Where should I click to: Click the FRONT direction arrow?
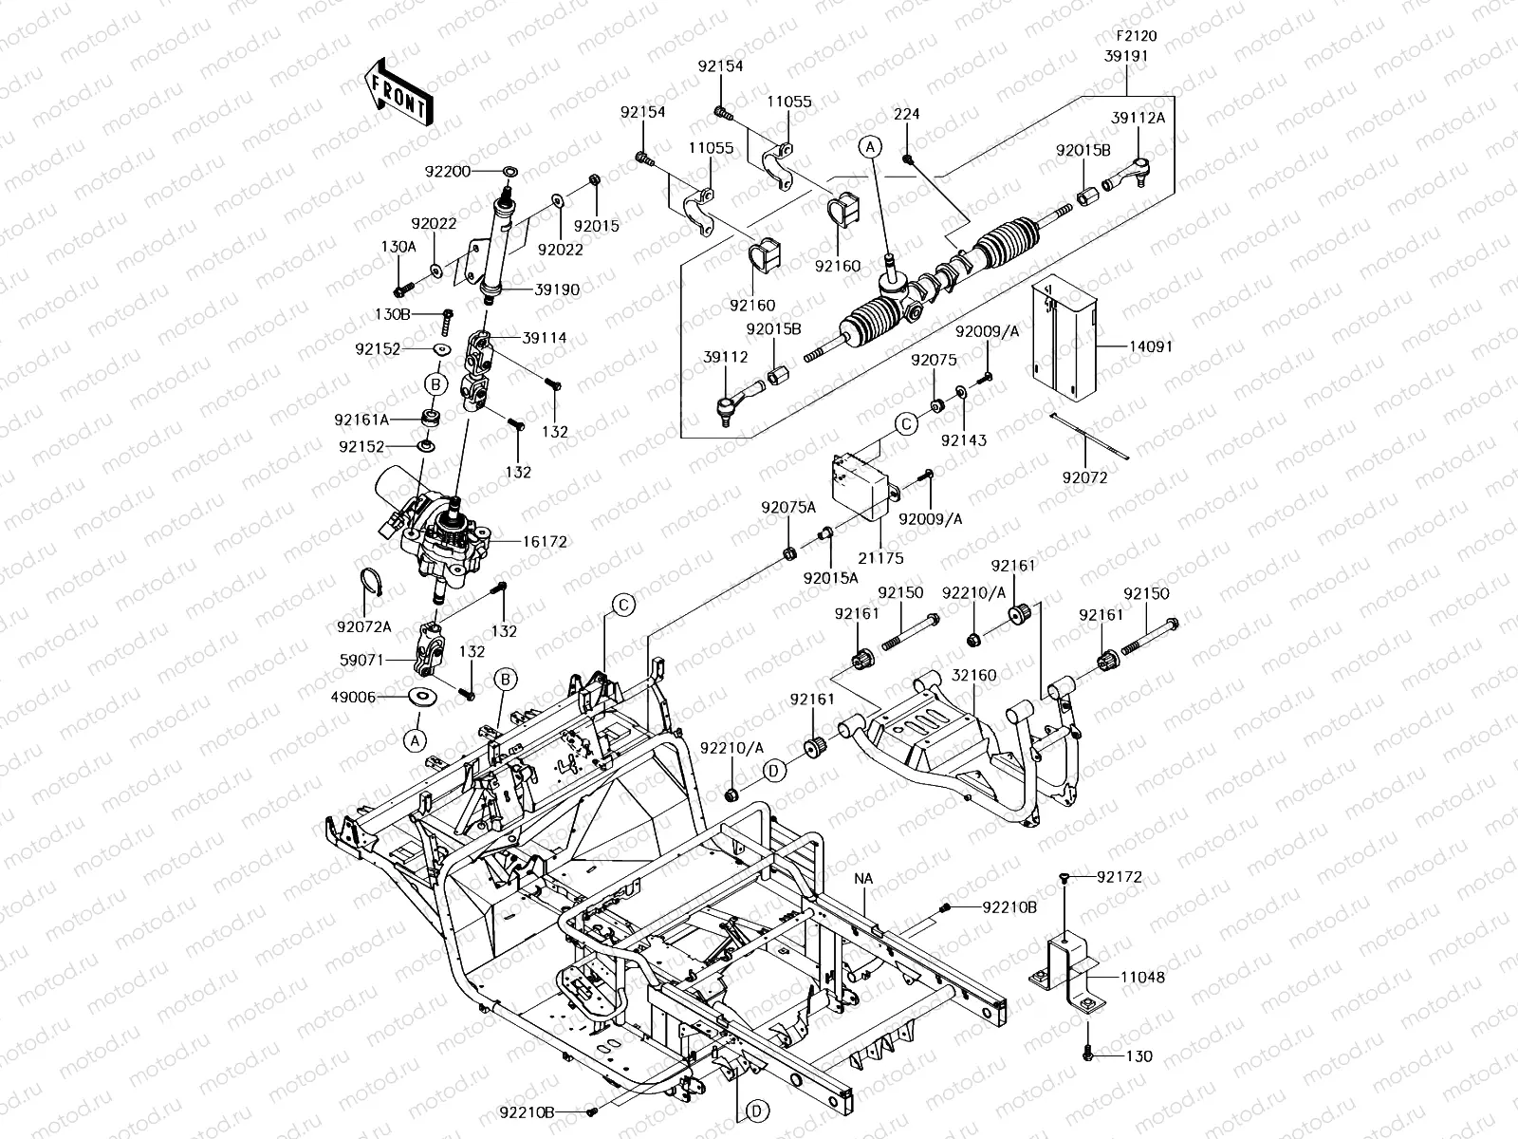tap(399, 92)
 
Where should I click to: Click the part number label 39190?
tap(557, 289)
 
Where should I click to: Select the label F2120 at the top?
tap(1137, 35)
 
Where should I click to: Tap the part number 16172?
tap(545, 541)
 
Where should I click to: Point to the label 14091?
tap(1151, 346)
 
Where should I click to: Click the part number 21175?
tap(880, 557)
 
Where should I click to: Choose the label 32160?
tap(973, 675)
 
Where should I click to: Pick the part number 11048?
tap(1142, 978)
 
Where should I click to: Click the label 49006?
tap(353, 697)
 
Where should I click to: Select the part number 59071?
tap(361, 661)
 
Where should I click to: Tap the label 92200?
tap(448, 172)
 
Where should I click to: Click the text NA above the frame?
tap(863, 878)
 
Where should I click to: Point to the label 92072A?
tap(363, 626)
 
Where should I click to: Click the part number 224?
tap(907, 113)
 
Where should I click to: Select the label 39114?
tap(545, 338)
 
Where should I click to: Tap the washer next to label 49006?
tap(422, 697)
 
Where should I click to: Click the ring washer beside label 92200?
tap(509, 171)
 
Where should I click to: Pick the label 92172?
tap(1120, 877)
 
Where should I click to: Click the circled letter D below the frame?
tap(756, 1111)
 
